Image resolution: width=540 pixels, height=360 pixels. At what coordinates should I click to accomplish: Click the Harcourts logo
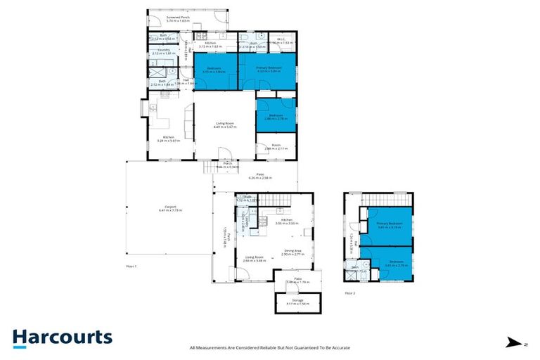tap(62, 337)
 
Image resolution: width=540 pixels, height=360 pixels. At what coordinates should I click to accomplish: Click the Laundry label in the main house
tap(163, 51)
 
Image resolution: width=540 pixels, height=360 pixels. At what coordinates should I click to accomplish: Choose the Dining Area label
tap(292, 252)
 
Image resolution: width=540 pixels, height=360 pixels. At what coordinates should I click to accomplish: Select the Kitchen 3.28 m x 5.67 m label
tap(169, 139)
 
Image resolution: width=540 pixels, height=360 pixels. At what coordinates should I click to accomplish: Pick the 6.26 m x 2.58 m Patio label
tap(255, 176)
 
